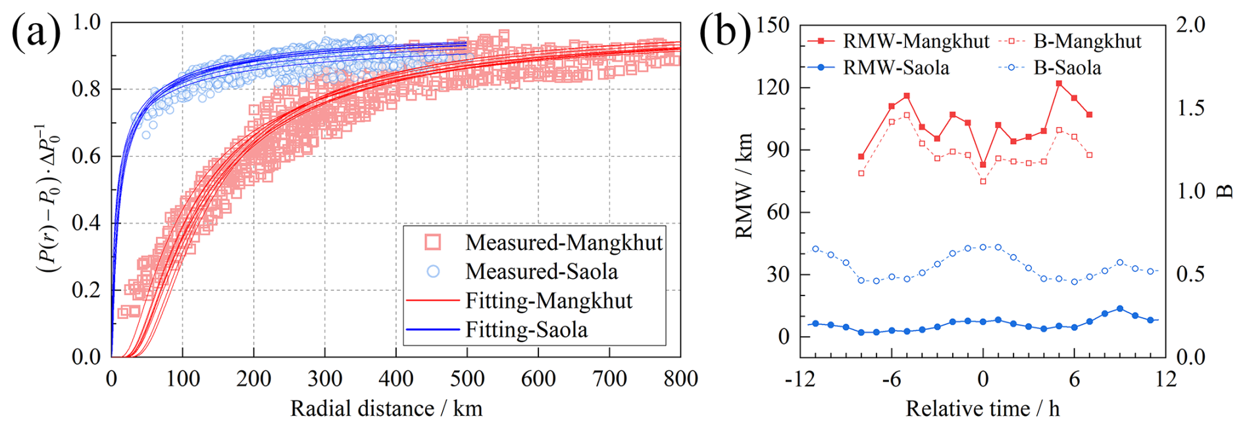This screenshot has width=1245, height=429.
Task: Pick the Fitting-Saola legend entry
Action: click(526, 330)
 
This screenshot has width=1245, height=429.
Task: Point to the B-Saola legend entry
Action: click(1067, 68)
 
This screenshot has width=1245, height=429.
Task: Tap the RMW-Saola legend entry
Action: click(896, 68)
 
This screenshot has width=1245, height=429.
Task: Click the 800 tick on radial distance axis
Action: click(680, 379)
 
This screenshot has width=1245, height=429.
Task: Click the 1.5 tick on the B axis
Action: click(1190, 108)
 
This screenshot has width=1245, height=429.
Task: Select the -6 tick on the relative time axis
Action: click(891, 379)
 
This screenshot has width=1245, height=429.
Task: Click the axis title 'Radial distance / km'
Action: click(386, 409)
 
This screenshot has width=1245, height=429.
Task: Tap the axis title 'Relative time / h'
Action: click(982, 409)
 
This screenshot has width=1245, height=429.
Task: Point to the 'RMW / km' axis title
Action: click(744, 186)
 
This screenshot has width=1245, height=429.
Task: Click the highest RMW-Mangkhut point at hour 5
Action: click(1059, 84)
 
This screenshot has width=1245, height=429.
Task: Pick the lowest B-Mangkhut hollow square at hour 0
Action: click(983, 182)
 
